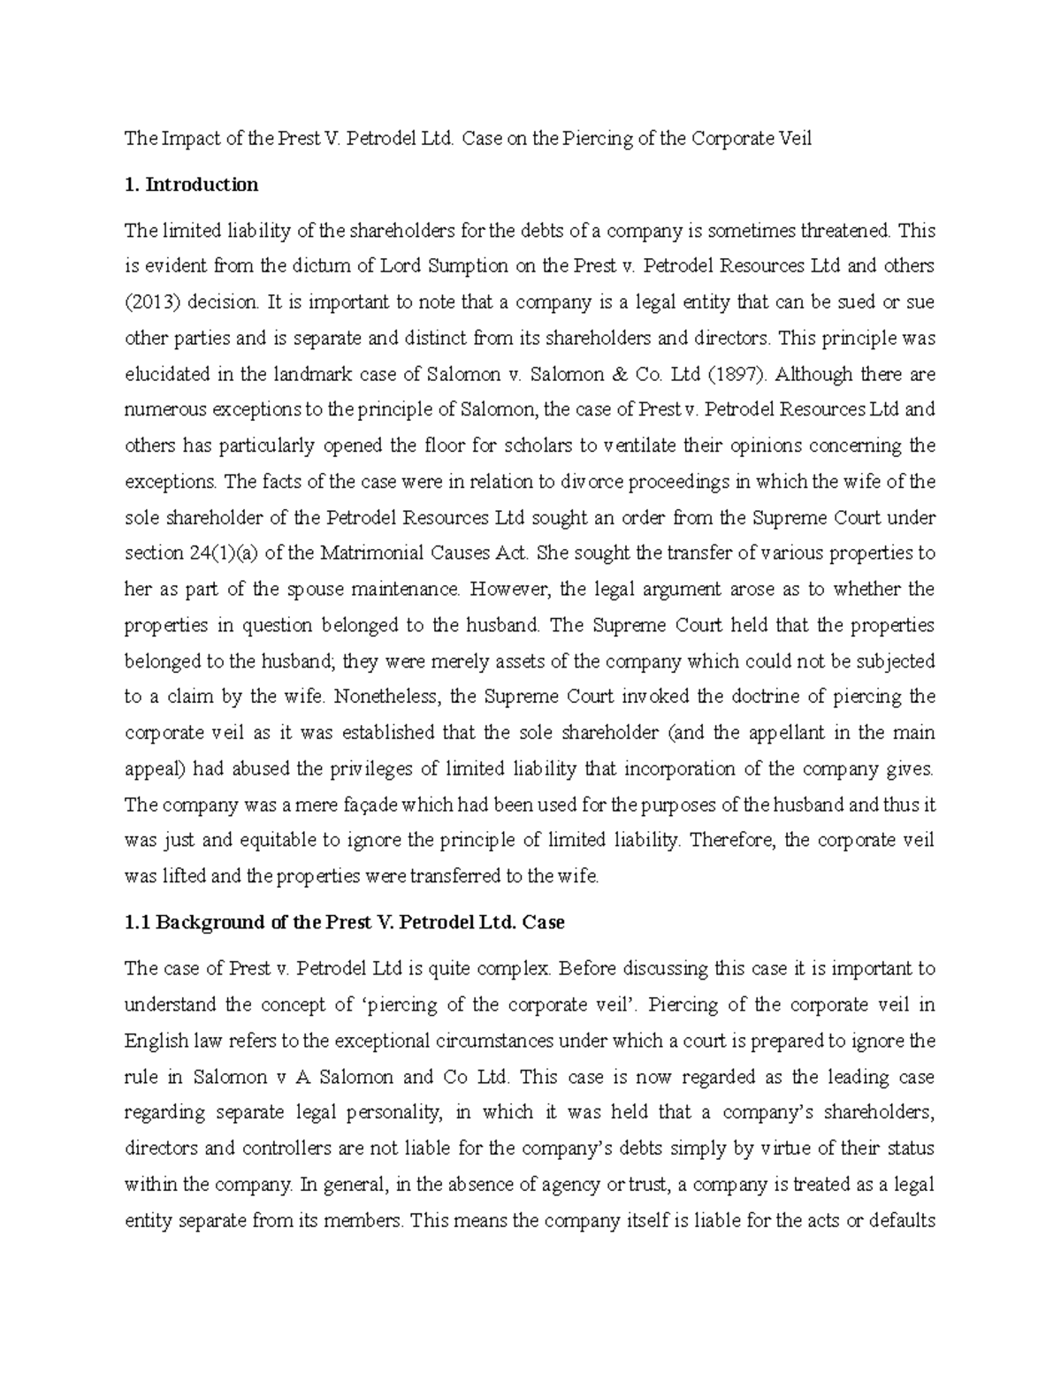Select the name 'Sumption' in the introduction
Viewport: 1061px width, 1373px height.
click(x=465, y=266)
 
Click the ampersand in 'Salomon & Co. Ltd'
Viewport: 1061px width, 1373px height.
click(x=592, y=374)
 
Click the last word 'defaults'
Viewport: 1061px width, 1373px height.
click(x=902, y=1221)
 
